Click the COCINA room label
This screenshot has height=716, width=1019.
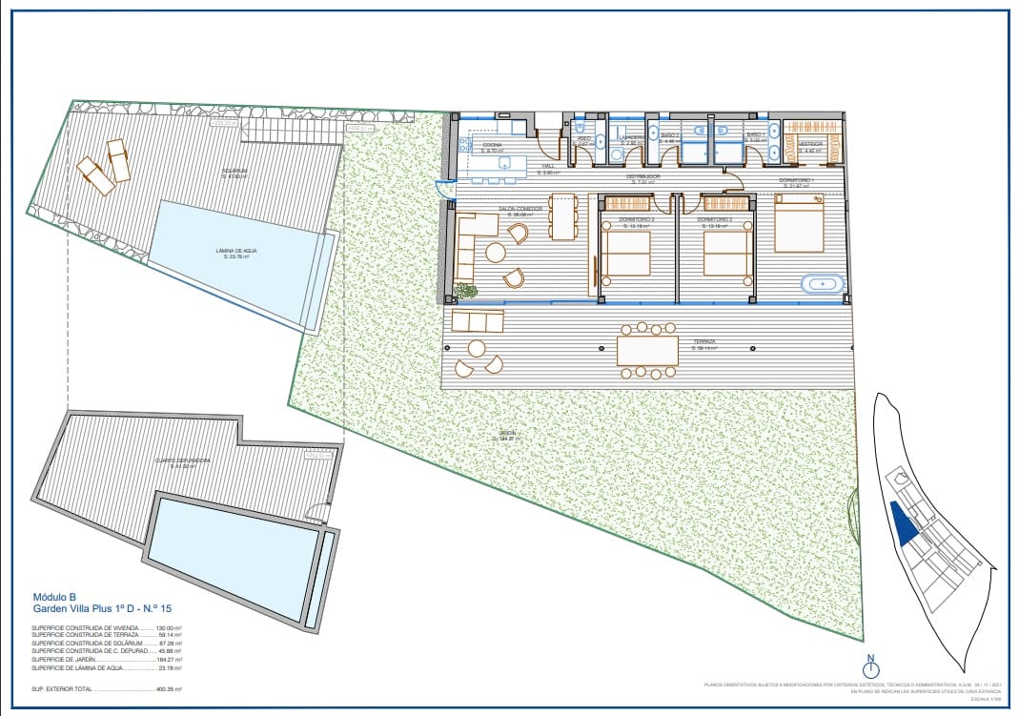tap(492, 146)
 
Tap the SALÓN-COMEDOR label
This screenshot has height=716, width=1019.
tap(520, 210)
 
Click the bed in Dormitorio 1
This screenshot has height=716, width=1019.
tap(799, 225)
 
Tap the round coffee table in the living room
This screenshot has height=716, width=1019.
tap(496, 253)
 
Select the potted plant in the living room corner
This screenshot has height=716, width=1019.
tap(465, 290)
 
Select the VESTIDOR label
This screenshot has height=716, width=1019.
tap(810, 145)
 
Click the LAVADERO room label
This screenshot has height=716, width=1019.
tap(631, 138)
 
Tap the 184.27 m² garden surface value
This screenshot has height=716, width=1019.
tap(168, 660)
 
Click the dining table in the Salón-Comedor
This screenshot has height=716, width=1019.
tap(562, 217)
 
